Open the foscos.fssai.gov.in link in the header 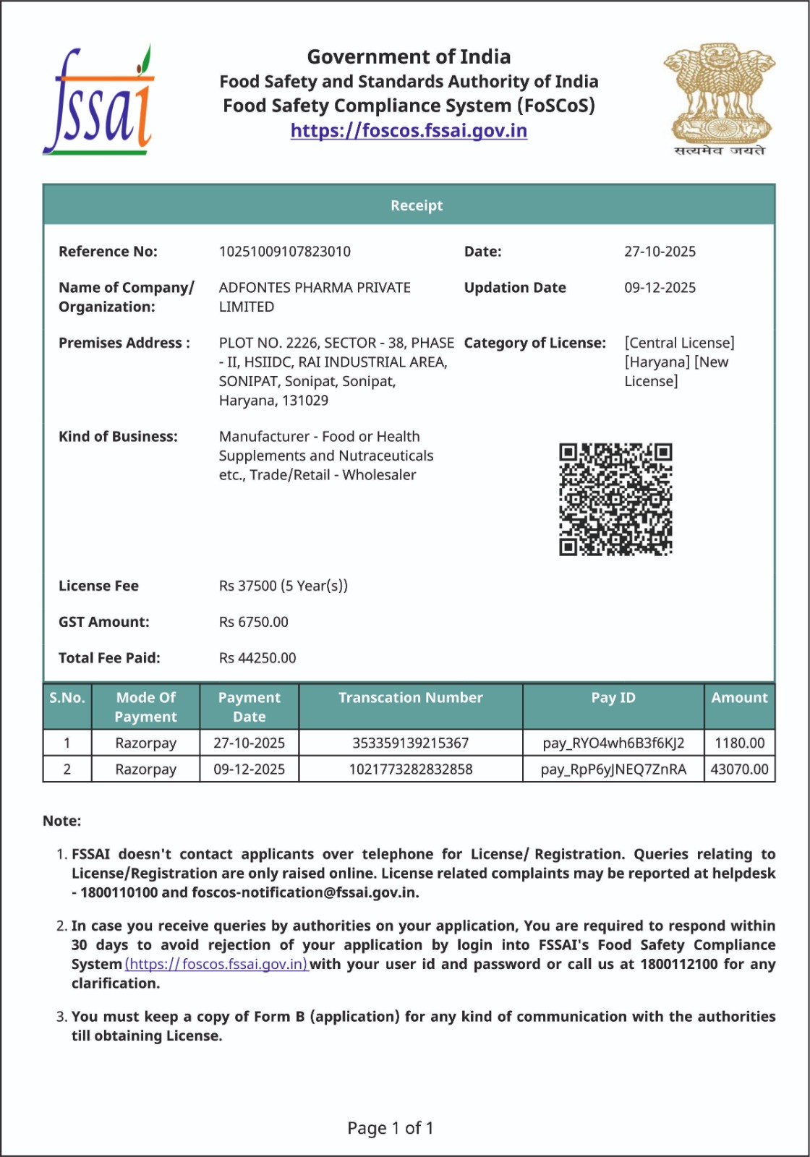pos(409,131)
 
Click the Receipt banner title pos(417,205)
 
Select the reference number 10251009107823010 pos(284,252)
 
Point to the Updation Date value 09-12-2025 pos(660,288)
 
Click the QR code pos(615,500)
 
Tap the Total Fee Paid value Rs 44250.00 pos(257,658)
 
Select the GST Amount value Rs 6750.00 pos(253,622)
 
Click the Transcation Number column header pos(410,698)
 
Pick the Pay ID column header pos(613,698)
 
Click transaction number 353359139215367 pos(410,743)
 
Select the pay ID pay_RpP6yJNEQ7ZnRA pos(613,769)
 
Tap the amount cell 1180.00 pos(739,743)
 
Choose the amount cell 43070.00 pos(739,769)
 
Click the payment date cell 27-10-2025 pos(249,743)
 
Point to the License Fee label pos(98,586)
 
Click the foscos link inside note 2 pos(217,964)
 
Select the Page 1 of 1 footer pos(391,1128)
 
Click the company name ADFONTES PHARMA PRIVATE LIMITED pos(315,297)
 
